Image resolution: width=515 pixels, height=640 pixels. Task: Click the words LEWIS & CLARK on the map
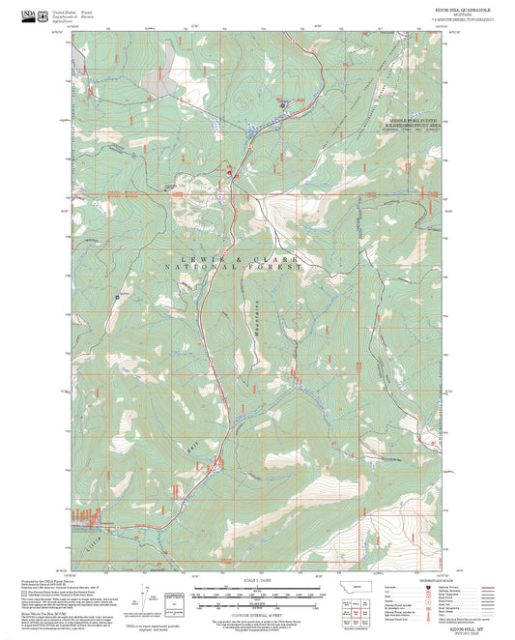click(233, 258)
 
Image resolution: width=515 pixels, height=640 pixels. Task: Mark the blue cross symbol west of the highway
click(117, 296)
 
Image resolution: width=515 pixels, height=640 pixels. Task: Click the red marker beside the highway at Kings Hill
click(230, 173)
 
